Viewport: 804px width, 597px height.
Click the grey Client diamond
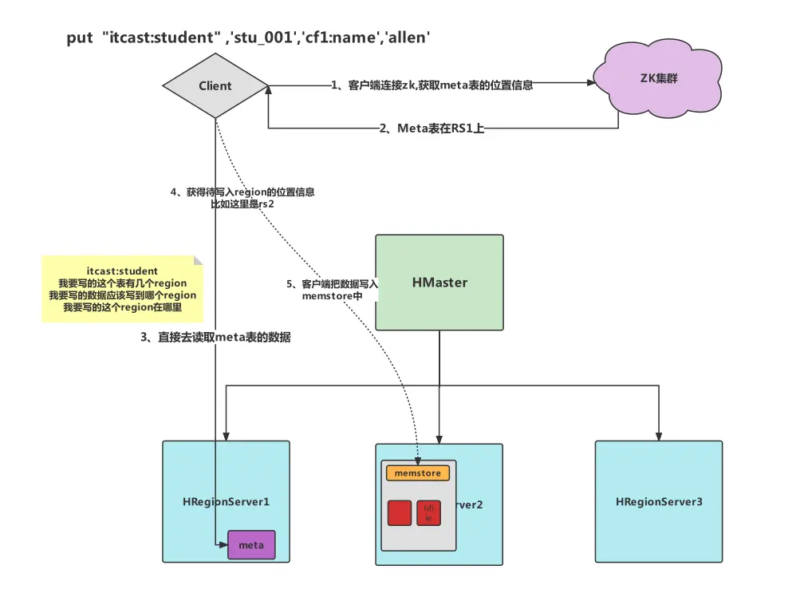coord(215,86)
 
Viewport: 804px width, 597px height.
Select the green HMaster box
coord(439,283)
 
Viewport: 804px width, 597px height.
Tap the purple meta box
coord(251,544)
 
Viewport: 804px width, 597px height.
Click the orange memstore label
coord(418,473)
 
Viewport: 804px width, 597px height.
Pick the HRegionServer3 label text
coord(659,502)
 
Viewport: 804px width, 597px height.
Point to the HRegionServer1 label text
coord(227,502)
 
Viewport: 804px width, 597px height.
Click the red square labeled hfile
coord(428,513)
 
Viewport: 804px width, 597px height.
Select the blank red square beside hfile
coord(400,513)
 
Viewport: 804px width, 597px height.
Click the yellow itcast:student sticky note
coord(122,289)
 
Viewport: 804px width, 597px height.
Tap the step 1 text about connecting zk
coord(432,85)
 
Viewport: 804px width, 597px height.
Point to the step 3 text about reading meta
coord(215,338)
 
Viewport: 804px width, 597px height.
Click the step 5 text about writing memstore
coord(333,290)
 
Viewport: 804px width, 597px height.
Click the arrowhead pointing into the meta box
coord(223,544)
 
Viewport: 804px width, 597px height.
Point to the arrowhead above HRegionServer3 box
coord(658,436)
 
